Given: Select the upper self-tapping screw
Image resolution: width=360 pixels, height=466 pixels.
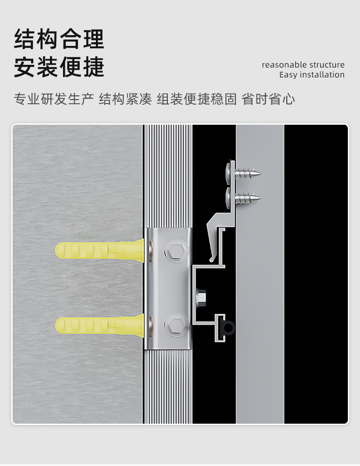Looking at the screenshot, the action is [x=243, y=172].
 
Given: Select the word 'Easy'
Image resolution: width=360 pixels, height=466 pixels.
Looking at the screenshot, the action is [x=288, y=75].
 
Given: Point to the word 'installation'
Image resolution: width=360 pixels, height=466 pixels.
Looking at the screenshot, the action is [x=322, y=75].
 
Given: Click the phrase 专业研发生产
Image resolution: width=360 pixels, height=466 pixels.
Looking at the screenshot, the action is [x=54, y=99].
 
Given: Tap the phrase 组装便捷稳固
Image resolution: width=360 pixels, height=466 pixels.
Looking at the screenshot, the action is [x=196, y=99].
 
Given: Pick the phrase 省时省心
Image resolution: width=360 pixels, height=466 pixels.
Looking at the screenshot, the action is [x=268, y=99].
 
